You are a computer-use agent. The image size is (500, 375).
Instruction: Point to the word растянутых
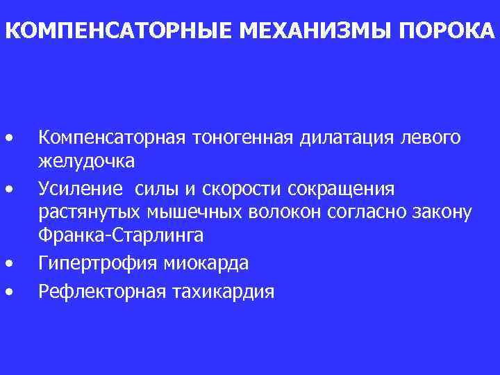pyautogui.click(x=85, y=212)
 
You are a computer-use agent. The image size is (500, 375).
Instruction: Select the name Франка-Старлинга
pyautogui.click(x=121, y=235)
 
